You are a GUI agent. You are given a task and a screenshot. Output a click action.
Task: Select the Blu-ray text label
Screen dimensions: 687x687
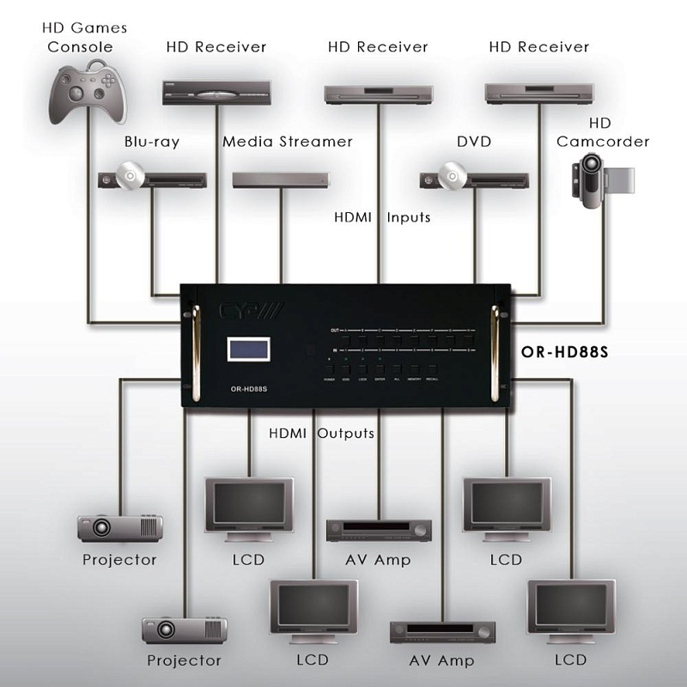click(151, 142)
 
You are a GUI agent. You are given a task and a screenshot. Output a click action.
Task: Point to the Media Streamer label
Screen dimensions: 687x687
click(288, 142)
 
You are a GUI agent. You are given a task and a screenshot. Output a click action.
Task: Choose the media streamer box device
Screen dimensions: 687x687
click(281, 180)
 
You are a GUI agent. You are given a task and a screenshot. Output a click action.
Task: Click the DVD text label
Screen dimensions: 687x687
click(474, 142)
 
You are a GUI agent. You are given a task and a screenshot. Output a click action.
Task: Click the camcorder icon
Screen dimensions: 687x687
click(600, 179)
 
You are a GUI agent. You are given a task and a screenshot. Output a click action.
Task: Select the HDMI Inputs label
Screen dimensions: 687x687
click(382, 217)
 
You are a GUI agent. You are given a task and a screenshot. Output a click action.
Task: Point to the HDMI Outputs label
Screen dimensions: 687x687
click(321, 433)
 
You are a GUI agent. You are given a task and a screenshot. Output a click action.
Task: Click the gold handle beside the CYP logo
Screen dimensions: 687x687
click(194, 352)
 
